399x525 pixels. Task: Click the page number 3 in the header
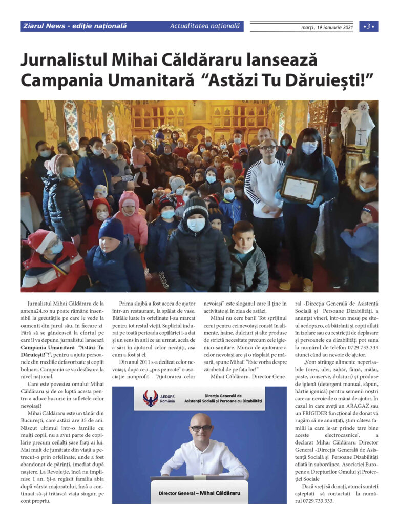[x=368, y=26]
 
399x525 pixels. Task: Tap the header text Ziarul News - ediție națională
[x=75, y=26]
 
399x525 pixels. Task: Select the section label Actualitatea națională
[x=204, y=26]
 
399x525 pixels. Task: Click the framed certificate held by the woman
[x=299, y=189]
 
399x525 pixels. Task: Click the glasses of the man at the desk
[x=201, y=427]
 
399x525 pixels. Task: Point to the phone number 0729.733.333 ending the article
[x=318, y=501]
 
